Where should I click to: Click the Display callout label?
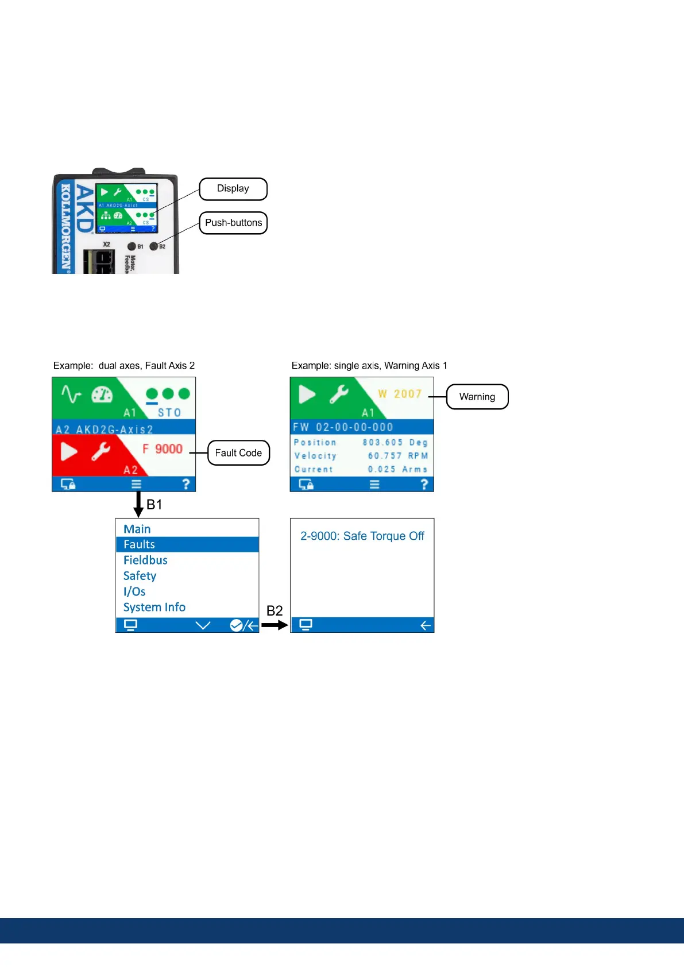coord(233,189)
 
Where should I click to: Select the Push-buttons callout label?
coord(233,223)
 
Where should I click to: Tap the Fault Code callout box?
coord(238,453)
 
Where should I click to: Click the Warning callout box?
coord(477,397)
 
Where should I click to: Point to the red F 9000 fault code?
coord(163,449)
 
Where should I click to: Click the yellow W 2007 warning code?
coord(400,394)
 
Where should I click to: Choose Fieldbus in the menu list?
coord(145,560)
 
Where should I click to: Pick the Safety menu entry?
coord(140,575)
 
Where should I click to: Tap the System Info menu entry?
coord(154,607)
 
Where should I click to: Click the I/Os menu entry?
coord(134,591)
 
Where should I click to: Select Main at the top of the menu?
coord(137,529)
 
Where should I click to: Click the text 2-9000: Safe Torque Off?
coord(362,536)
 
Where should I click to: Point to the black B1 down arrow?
coord(138,504)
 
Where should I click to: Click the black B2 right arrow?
coord(275,625)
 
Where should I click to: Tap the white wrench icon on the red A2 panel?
coord(101,451)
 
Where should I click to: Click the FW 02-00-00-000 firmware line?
coord(343,427)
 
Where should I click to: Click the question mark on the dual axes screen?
coord(186,485)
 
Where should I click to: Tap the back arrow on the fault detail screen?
coord(425,625)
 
